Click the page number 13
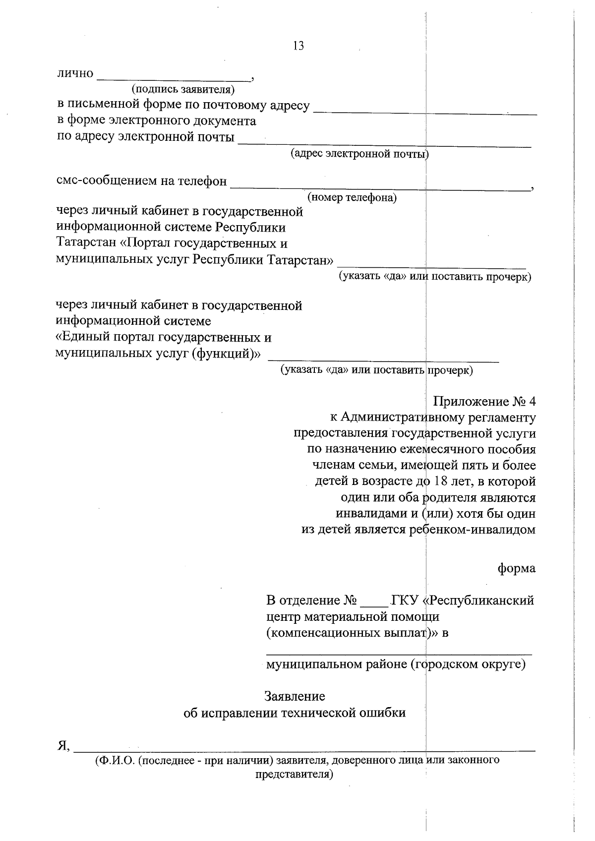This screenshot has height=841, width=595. [x=298, y=46]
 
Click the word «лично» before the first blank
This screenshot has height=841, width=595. [x=75, y=73]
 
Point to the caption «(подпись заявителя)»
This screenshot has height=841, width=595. [x=182, y=89]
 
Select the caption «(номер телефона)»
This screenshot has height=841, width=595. [x=352, y=198]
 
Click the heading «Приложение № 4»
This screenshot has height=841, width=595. [x=484, y=401]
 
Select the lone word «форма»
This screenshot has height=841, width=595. [x=516, y=568]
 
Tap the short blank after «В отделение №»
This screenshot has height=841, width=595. [x=374, y=605]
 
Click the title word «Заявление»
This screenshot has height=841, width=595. [x=295, y=696]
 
